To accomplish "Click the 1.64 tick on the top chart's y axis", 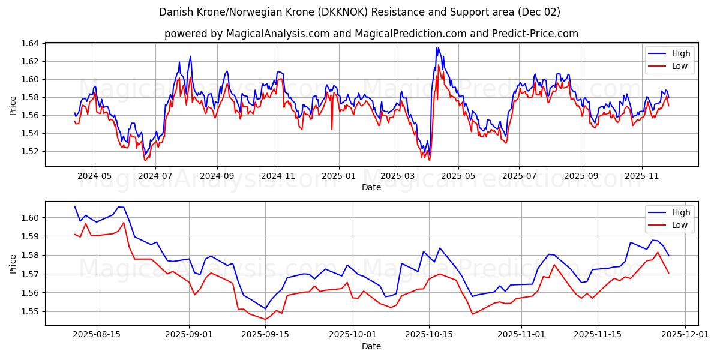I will (29, 43).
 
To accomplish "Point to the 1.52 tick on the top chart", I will (29, 151).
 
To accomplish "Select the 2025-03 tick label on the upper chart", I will (398, 176).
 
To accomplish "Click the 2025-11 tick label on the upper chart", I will (641, 176).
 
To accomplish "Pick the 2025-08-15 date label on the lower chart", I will (97, 335).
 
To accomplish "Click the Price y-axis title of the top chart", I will (13, 105).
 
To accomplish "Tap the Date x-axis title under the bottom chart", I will (371, 346).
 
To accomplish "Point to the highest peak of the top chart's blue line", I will (437, 48).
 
